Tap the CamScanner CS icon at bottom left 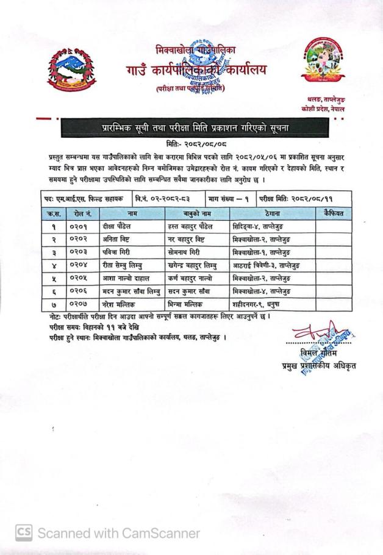point(23,532)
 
